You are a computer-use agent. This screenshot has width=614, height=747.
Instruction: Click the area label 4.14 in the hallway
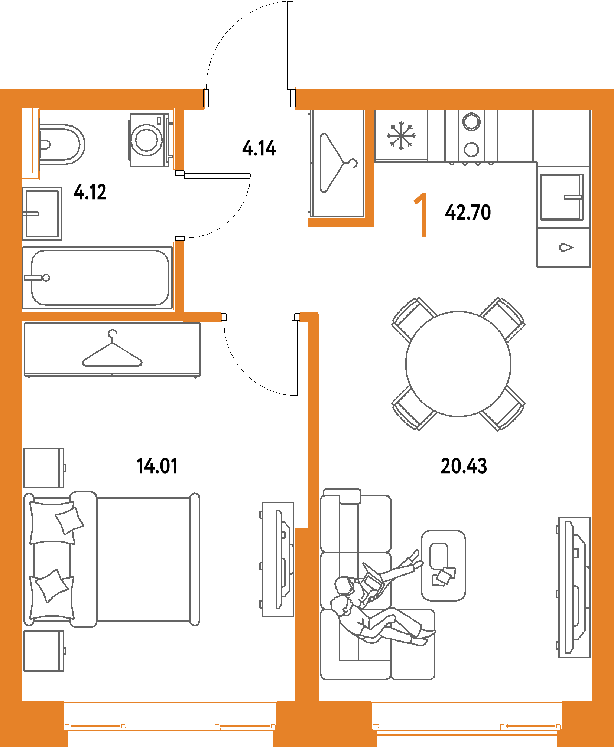click(259, 148)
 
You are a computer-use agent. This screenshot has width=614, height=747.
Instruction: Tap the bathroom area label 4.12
click(90, 192)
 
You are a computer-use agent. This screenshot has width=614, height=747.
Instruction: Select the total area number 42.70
click(468, 212)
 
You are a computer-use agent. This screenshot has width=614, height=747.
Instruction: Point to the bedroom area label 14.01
click(157, 466)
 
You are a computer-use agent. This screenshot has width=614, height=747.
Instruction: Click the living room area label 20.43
click(464, 466)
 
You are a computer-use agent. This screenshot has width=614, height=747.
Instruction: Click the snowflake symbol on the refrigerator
click(401, 136)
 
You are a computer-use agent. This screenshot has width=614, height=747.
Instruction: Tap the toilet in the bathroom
click(61, 144)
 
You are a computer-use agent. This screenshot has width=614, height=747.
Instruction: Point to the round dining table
click(458, 364)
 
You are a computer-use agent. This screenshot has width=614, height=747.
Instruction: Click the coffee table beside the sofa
click(443, 565)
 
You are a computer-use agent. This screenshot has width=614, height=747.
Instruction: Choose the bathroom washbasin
click(42, 214)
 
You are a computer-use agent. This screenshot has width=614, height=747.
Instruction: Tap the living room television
click(575, 587)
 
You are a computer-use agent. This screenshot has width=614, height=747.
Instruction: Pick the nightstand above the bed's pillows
click(44, 468)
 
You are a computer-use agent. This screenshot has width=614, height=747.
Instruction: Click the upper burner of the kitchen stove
click(471, 121)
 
